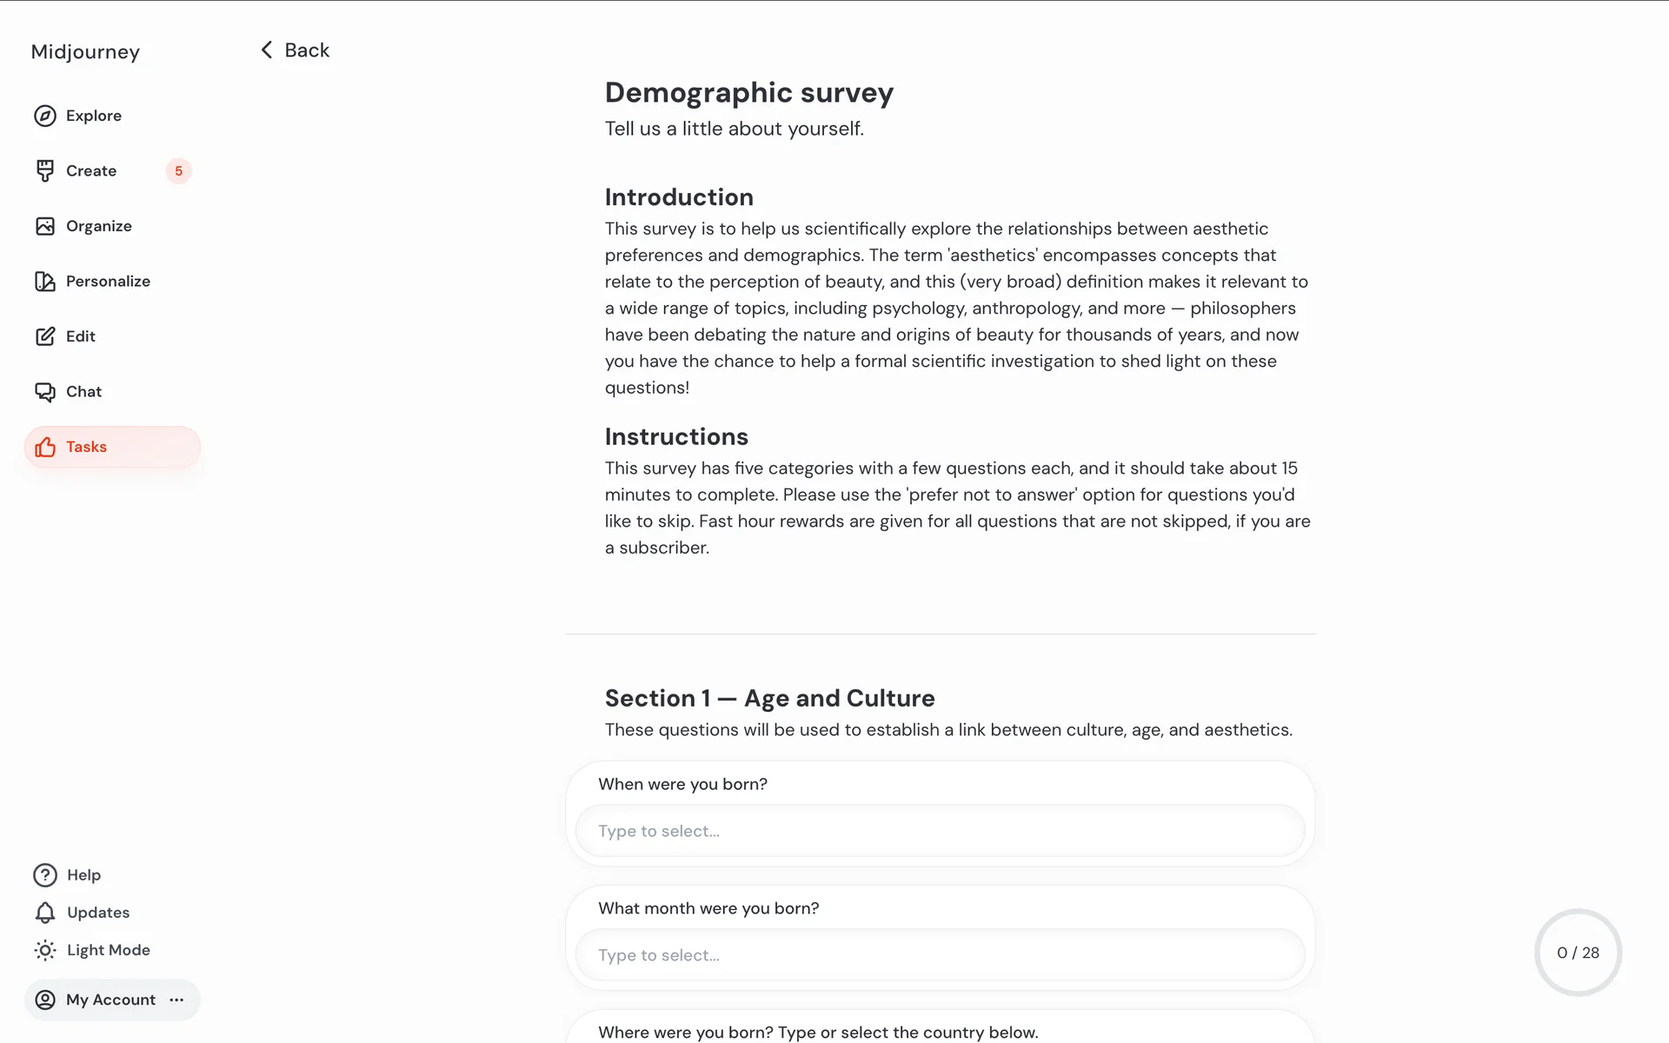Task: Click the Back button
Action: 296,50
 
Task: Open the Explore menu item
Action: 93,116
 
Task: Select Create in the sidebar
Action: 90,171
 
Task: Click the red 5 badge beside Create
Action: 178,171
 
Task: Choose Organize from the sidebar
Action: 98,226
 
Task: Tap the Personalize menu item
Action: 107,282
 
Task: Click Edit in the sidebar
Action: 80,336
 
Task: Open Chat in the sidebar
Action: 83,392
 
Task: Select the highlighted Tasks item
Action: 86,447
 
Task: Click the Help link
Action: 83,875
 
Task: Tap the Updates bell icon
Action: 45,913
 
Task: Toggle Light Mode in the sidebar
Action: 108,950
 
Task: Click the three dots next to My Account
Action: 176,1000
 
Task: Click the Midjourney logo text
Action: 85,52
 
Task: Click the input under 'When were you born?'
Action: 940,831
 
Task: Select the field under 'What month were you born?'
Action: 940,955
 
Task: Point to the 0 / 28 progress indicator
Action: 1578,953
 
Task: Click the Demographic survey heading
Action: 748,93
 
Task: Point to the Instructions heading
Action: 676,436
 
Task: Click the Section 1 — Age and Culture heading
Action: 769,698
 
